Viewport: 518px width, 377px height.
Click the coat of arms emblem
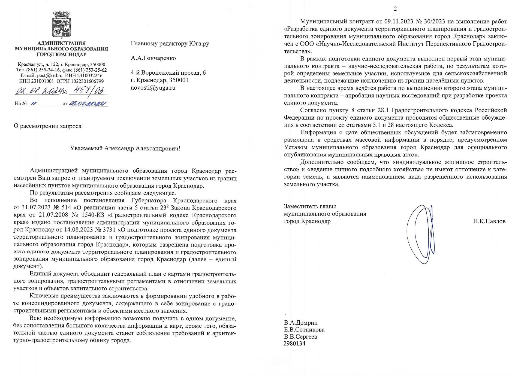(x=61, y=25)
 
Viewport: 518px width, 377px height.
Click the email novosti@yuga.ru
(x=153, y=88)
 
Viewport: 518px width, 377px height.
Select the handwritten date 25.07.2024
(x=88, y=104)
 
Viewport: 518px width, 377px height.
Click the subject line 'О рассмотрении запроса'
(x=47, y=126)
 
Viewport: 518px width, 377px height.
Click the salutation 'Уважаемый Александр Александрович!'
(x=125, y=148)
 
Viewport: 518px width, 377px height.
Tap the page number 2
(x=395, y=9)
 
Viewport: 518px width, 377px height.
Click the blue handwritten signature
(x=420, y=234)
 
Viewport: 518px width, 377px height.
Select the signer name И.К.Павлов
(x=489, y=221)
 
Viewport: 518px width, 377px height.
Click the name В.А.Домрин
(x=301, y=323)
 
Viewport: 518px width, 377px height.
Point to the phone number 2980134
(x=294, y=343)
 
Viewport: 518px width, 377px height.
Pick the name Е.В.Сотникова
(x=304, y=330)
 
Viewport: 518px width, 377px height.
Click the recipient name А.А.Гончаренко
(x=153, y=58)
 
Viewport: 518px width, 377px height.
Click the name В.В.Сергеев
(x=300, y=337)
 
